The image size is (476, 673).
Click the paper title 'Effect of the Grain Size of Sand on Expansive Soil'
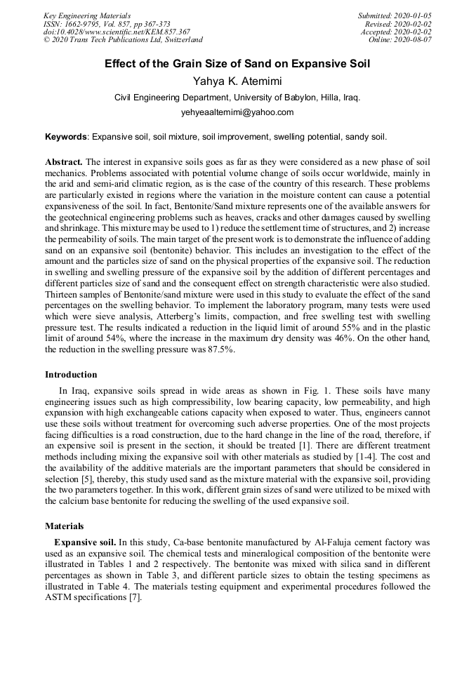pyautogui.click(x=237, y=64)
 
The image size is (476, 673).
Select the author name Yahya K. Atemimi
pyautogui.click(x=237, y=81)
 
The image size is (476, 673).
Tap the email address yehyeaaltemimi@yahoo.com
pyautogui.click(x=237, y=112)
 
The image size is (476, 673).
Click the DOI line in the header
pyautogui.click(x=117, y=32)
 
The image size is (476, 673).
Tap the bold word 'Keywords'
pyautogui.click(x=66, y=136)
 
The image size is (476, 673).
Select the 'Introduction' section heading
pyautogui.click(x=71, y=375)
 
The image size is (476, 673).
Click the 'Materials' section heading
pyautogui.click(x=64, y=526)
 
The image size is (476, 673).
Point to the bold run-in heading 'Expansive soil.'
pyautogui.click(x=85, y=542)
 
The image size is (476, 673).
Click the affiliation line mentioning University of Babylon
pyautogui.click(x=237, y=98)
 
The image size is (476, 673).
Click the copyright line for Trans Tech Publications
pyautogui.click(x=123, y=40)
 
